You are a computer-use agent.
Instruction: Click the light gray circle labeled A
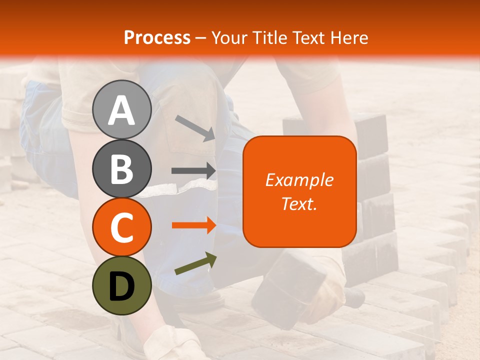121,109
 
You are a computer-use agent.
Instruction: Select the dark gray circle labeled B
121,168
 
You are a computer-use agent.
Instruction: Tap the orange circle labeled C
121,227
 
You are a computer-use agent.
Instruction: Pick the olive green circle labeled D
121,286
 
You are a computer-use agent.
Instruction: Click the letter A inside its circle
121,110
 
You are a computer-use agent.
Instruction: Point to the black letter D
121,286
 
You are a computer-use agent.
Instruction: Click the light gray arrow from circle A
195,127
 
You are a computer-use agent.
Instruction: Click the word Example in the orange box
299,180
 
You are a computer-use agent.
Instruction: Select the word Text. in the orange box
299,203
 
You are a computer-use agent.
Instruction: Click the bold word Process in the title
157,37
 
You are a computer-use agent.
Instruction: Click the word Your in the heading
228,37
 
